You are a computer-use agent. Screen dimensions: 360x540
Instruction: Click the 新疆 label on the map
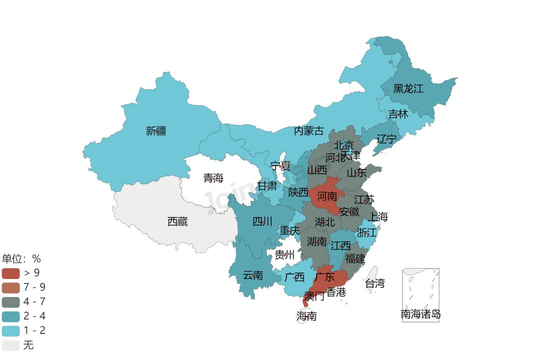[156, 131]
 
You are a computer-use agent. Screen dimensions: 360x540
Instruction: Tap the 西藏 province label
[177, 221]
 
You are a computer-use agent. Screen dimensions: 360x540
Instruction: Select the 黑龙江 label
[408, 88]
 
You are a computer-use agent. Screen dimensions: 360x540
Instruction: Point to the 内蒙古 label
[308, 131]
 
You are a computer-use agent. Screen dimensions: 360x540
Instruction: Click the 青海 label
[213, 178]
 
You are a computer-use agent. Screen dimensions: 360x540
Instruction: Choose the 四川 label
[262, 221]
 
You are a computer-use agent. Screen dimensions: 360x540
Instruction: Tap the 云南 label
[252, 275]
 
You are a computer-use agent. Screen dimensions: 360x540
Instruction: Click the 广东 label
[325, 276]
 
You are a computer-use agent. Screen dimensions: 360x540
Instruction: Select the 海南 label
[306, 316]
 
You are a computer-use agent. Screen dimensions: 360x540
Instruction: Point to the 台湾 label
[374, 283]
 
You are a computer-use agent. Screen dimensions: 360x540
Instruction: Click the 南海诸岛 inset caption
[420, 314]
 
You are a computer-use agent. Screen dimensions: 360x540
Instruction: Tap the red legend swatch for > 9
[10, 273]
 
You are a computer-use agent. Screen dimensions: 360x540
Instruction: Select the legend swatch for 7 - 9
[10, 287]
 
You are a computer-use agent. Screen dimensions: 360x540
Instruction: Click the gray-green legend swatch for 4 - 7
[10, 302]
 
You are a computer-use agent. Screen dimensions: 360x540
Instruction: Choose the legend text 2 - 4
[34, 316]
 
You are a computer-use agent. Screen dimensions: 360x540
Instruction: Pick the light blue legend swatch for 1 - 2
[10, 330]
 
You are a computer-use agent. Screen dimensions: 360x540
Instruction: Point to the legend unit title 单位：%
[21, 258]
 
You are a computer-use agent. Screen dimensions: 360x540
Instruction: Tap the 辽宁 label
[386, 139]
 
